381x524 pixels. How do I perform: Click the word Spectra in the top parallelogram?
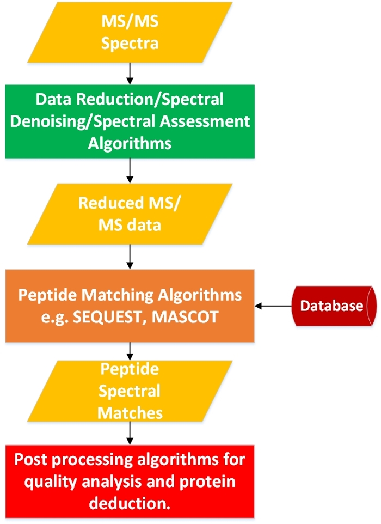coord(130,43)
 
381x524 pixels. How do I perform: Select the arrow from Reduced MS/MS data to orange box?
coord(130,256)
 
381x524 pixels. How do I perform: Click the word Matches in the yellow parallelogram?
coord(130,412)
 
